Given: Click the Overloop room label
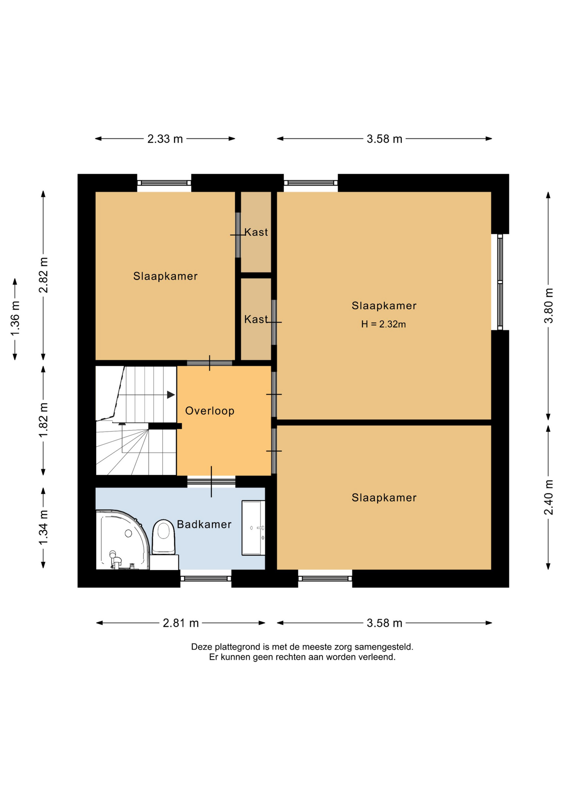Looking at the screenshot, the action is (210, 411).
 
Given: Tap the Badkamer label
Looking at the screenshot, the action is (204, 524).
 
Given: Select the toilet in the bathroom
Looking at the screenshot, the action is (164, 538).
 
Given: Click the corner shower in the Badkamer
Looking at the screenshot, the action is (122, 540).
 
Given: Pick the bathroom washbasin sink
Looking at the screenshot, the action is (253, 528).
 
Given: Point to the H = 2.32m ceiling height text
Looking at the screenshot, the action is (383, 324).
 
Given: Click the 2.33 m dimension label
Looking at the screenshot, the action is (165, 139).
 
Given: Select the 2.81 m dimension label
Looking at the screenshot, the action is (181, 623).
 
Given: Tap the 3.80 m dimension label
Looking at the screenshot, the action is (548, 306).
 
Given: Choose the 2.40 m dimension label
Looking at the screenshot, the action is (548, 497).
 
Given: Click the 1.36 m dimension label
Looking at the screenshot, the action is (15, 319).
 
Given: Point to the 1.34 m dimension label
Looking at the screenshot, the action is (44, 528).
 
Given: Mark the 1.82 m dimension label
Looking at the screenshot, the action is (44, 420).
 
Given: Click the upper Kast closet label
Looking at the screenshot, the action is (256, 232).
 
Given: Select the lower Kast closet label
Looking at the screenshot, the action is (256, 319).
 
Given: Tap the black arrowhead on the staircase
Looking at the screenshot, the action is (171, 395).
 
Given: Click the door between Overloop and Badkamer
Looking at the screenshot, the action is (211, 482).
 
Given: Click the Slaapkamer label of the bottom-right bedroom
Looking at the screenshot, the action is (384, 498).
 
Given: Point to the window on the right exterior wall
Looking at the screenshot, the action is (500, 282).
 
